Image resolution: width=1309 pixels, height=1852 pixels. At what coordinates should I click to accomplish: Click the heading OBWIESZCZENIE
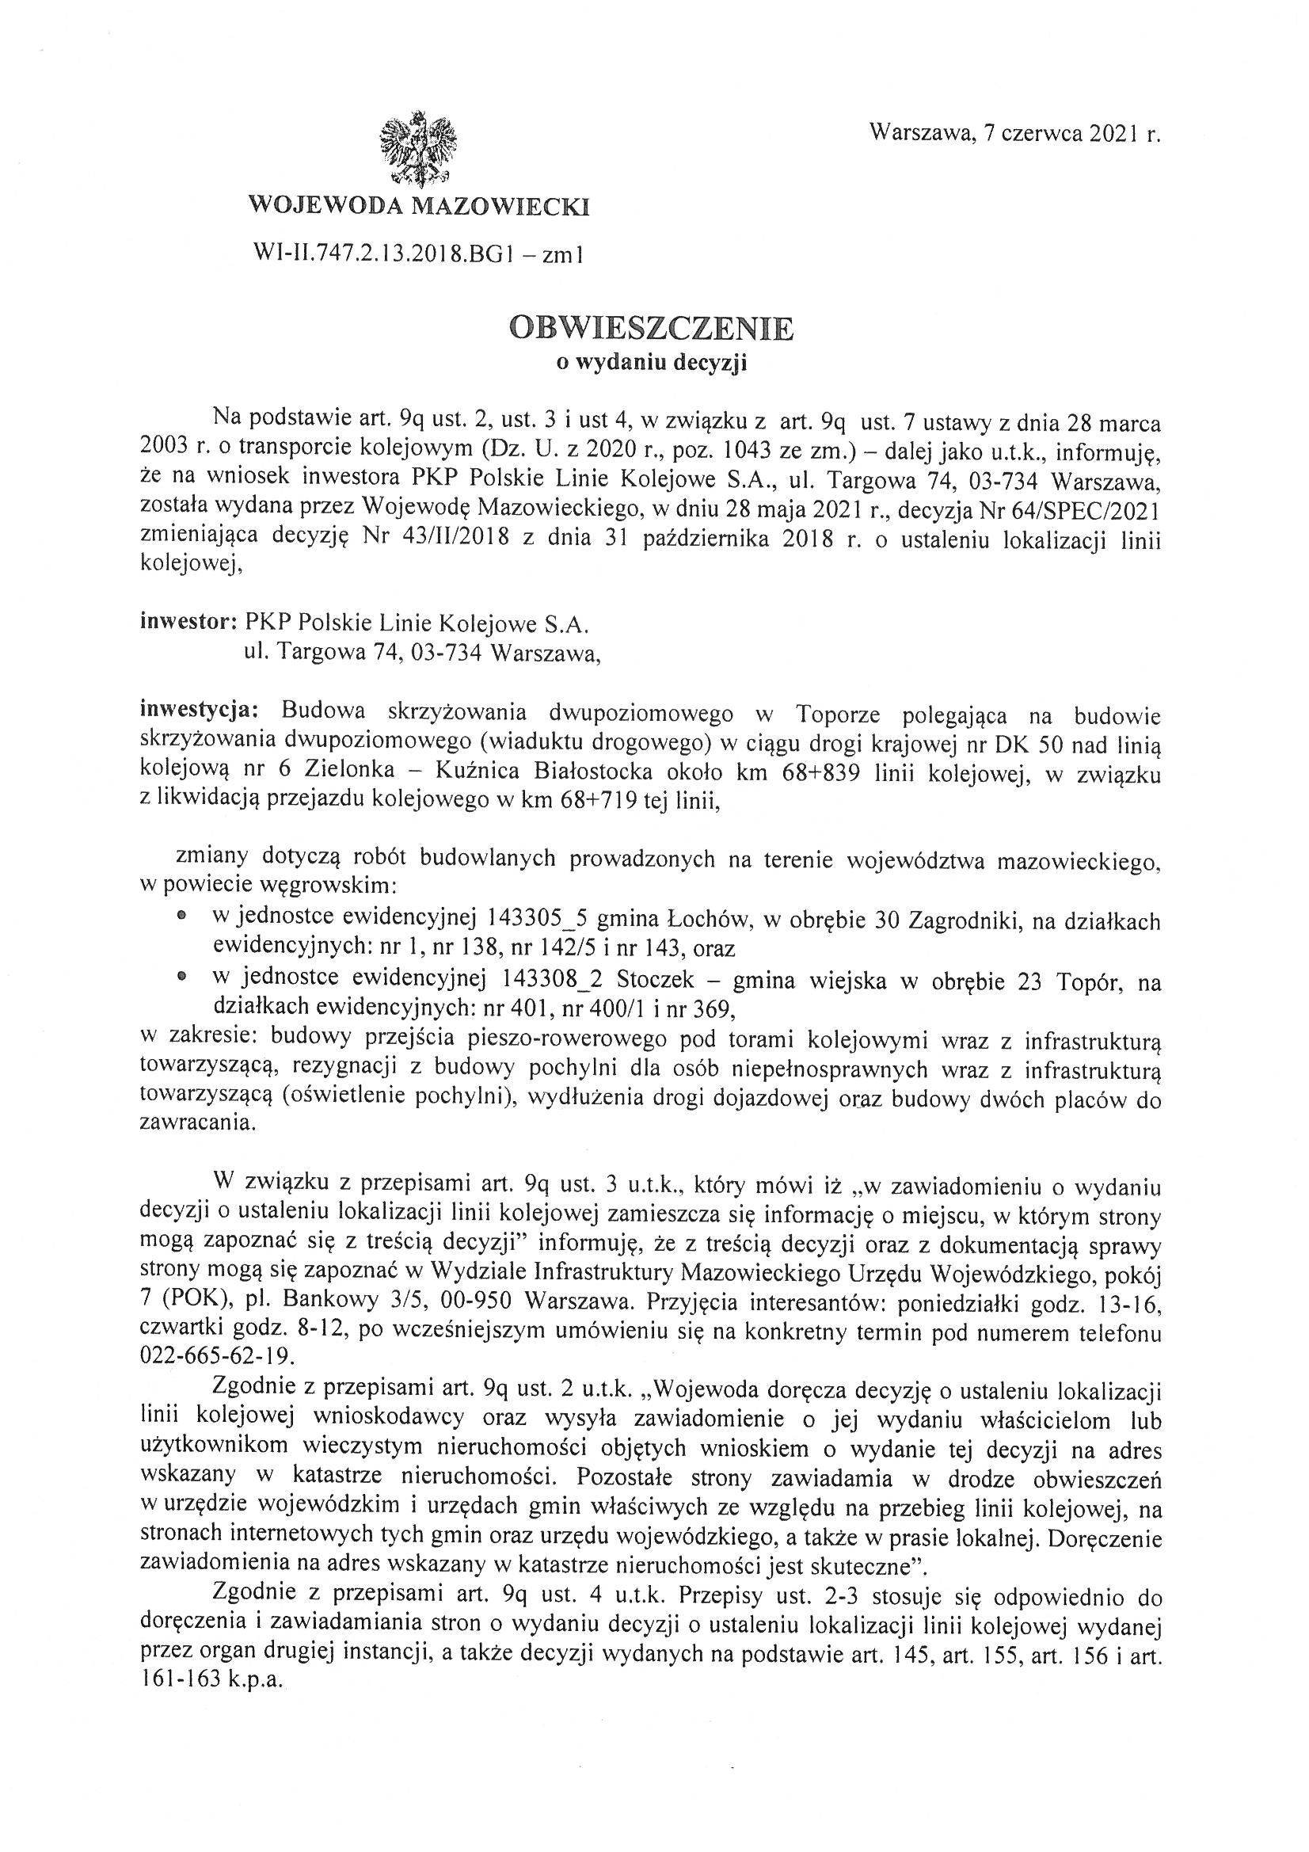652,328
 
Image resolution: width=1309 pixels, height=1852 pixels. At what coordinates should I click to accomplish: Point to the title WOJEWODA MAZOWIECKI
419,208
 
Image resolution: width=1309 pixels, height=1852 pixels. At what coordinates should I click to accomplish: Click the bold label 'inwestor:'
188,623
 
